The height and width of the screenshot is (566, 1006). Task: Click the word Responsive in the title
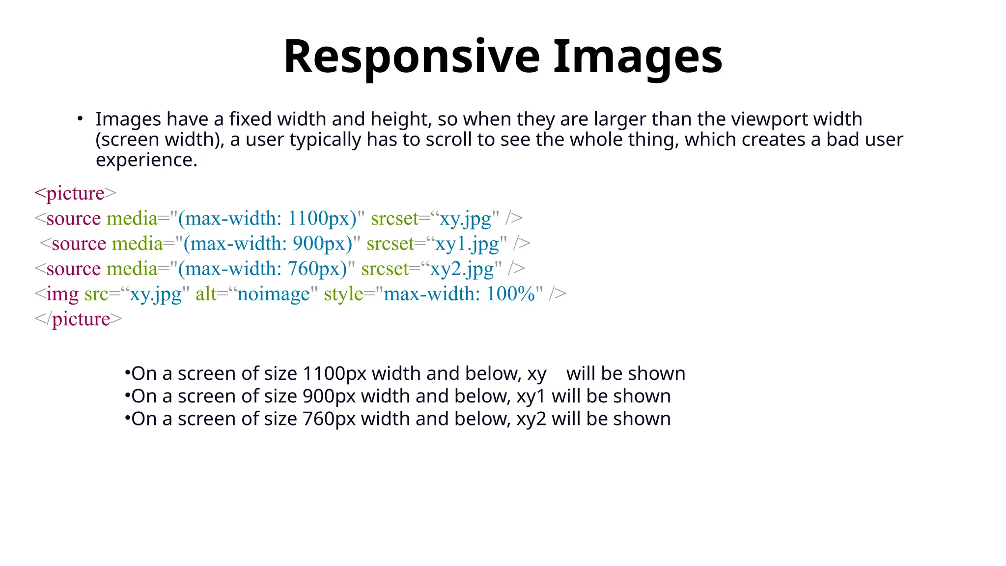tap(412, 57)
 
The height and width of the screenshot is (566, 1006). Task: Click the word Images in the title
tap(638, 57)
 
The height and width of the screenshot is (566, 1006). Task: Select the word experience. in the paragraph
tap(146, 160)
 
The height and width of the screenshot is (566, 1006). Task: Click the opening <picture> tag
tap(75, 193)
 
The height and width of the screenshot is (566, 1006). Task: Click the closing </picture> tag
tap(78, 319)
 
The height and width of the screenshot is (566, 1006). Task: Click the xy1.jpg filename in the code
tap(467, 244)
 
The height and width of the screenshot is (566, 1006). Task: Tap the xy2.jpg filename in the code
tap(462, 269)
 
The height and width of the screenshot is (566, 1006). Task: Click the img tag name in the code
tap(62, 294)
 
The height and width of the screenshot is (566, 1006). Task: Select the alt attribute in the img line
tap(206, 294)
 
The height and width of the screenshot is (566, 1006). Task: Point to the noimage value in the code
tap(274, 294)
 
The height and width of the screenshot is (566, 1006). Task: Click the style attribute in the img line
tap(343, 294)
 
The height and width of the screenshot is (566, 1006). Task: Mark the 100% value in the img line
tap(510, 294)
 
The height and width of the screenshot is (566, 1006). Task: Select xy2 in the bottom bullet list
tap(531, 419)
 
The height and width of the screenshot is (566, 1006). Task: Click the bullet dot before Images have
tap(80, 119)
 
